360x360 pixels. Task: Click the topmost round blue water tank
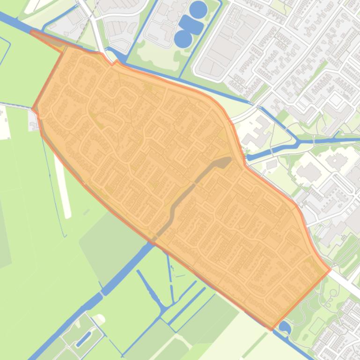click(198, 9)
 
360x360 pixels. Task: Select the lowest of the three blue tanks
click(183, 38)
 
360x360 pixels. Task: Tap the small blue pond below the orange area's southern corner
click(284, 328)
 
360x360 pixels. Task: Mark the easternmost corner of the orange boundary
click(331, 270)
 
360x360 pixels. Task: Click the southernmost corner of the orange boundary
click(272, 329)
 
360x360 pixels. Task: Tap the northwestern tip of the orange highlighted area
click(32, 32)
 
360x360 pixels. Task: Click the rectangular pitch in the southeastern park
click(317, 325)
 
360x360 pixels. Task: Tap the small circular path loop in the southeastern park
click(333, 294)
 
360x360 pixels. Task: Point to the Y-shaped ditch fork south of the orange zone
click(162, 309)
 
